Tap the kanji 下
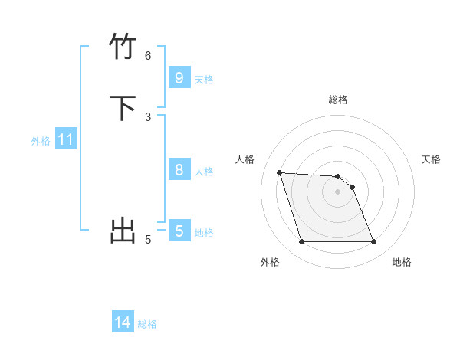(123, 108)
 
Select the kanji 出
(123, 230)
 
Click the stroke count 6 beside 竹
(148, 55)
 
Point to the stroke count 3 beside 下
(148, 116)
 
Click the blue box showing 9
(179, 77)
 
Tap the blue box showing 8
(179, 170)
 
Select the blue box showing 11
(66, 140)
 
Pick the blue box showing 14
(123, 323)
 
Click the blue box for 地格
(179, 231)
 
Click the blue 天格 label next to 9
(204, 80)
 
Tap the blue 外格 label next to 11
(41, 141)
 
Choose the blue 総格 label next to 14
(147, 324)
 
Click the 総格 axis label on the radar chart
(338, 100)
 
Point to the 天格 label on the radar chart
(431, 159)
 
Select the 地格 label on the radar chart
(402, 262)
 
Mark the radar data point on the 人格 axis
(279, 172)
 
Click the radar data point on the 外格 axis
(301, 242)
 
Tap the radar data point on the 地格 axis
(374, 242)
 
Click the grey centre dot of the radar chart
(338, 191)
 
